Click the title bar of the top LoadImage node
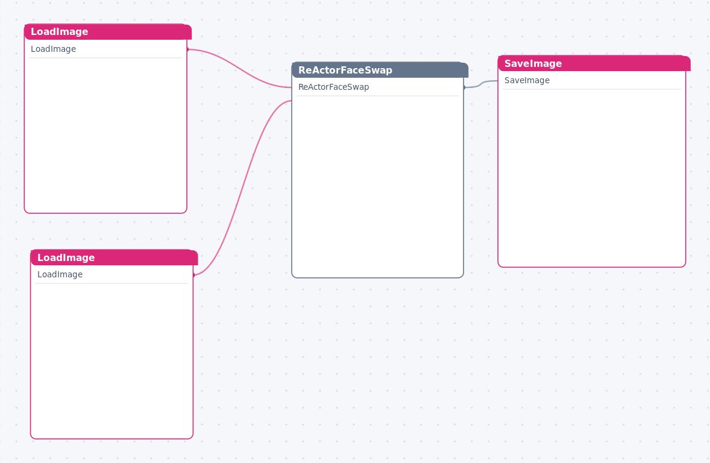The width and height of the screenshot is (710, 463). point(108,32)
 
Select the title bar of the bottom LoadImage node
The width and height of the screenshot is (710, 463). point(114,257)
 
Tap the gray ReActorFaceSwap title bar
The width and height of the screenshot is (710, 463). point(380,70)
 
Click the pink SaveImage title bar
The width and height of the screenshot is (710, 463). point(594,63)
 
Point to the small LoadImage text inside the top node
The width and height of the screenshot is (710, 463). point(54,49)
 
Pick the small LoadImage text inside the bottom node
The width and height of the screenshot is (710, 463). point(60,274)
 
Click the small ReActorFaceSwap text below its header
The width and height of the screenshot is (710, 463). point(334,87)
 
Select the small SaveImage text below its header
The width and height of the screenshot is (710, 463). point(527,81)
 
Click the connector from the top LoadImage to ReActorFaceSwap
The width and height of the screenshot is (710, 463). point(239,68)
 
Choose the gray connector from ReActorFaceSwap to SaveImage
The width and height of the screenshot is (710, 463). point(481,84)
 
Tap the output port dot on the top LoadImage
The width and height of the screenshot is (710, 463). point(187,49)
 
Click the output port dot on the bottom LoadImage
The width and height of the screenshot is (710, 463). point(194,275)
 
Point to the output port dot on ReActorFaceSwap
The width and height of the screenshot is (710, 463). point(464,87)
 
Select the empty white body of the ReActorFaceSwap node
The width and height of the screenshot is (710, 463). point(378,186)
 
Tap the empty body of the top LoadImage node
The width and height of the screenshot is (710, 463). point(105,135)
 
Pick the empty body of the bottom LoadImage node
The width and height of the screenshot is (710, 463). point(112,361)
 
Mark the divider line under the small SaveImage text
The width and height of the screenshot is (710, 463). point(592,89)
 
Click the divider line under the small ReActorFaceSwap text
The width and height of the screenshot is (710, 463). point(378,96)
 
